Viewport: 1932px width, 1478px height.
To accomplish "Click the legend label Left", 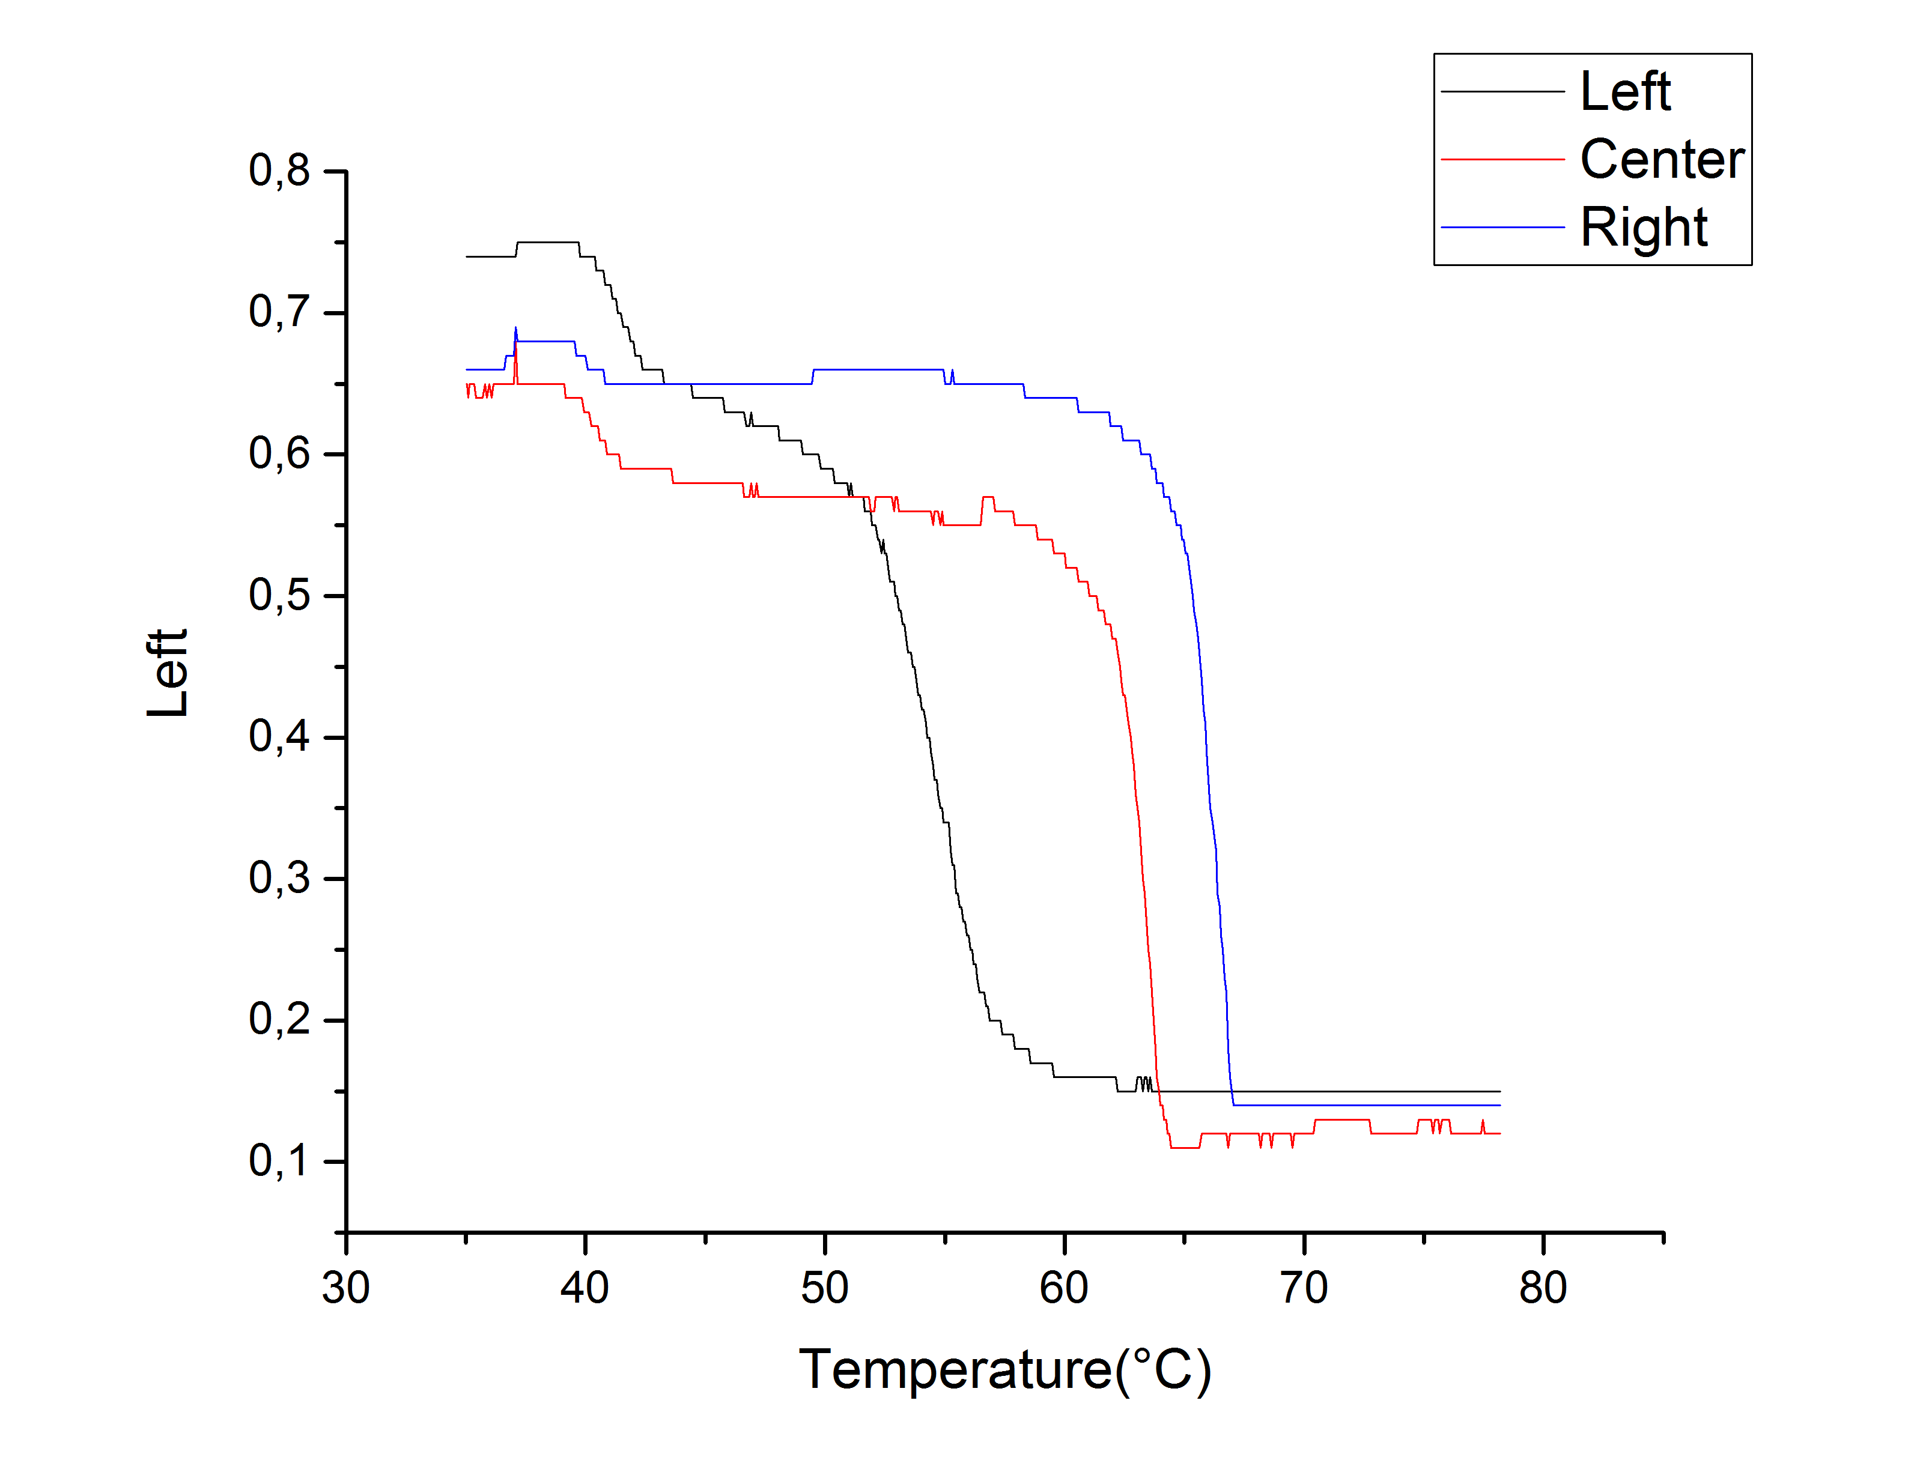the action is point(1625,91).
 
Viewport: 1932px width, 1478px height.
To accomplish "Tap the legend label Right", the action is point(1644,228).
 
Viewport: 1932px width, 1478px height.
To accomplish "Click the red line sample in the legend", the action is point(1502,159).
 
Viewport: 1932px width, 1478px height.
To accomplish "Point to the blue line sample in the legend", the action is point(1502,227).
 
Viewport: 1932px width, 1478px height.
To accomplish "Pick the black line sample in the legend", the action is point(1502,91).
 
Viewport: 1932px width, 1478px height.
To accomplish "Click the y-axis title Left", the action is point(167,673).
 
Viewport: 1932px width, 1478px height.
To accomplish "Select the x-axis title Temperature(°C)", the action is point(1004,1370).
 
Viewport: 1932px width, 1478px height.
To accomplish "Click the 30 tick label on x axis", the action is point(346,1288).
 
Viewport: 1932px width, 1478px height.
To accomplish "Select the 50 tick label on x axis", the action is point(824,1288).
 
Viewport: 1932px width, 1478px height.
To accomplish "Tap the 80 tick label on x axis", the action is point(1543,1288).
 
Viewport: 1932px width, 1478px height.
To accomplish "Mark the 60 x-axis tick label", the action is point(1064,1288).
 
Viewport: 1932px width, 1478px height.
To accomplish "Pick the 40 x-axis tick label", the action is point(585,1288).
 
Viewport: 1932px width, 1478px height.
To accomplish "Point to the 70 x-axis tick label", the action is point(1304,1288).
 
